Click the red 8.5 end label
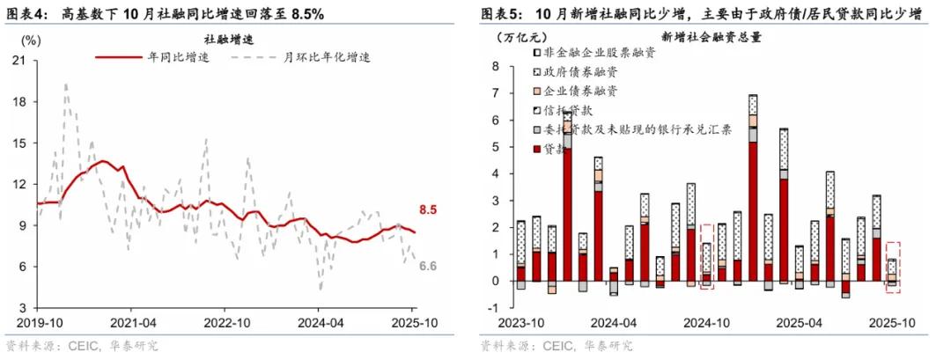click(427, 210)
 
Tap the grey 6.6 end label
click(429, 267)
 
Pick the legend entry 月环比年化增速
click(326, 57)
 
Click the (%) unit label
click(29, 40)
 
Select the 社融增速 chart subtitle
click(222, 38)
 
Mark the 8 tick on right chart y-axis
click(496, 66)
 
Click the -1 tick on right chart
click(494, 308)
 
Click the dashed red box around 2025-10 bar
click(892, 267)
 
